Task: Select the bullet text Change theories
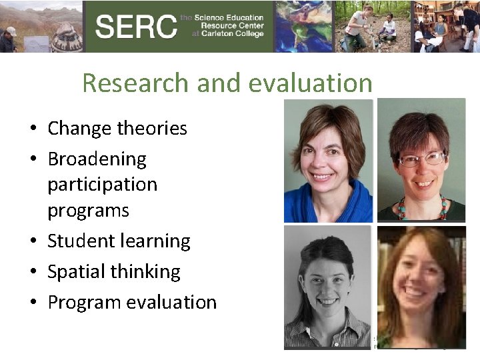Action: click(117, 128)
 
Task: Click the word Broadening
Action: click(97, 159)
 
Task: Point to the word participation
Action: click(102, 184)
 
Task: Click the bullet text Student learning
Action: click(119, 241)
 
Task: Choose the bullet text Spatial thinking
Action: click(113, 271)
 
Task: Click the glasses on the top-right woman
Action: click(422, 159)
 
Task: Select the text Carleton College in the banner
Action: click(230, 35)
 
